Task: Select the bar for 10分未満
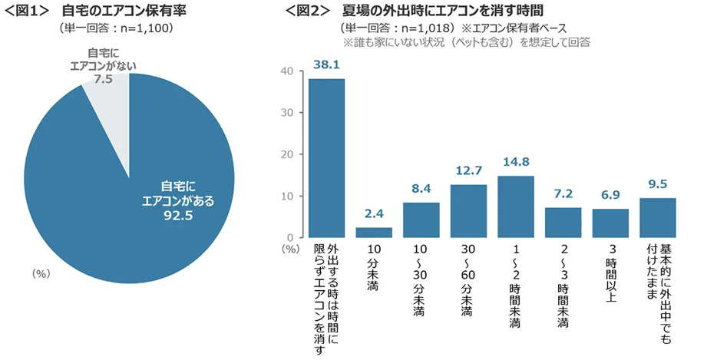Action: pos(374,232)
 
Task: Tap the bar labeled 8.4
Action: pos(421,220)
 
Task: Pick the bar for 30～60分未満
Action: pos(468,211)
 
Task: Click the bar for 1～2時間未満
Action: pos(516,206)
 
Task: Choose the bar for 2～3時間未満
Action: pos(563,223)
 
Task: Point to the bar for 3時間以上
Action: pos(610,223)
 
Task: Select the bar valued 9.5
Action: pos(658,218)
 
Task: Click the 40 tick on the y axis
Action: pos(287,71)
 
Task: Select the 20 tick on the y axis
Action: pos(287,154)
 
